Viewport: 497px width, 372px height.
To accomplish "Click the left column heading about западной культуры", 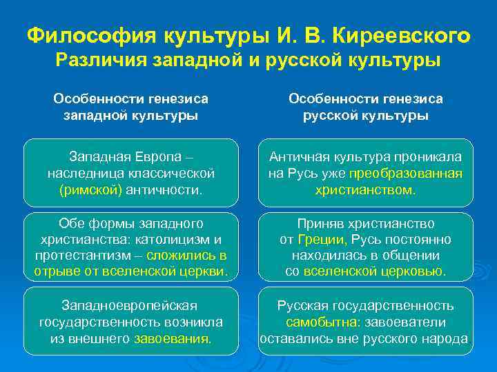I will coord(130,107).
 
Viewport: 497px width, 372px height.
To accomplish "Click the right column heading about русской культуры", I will coord(365,107).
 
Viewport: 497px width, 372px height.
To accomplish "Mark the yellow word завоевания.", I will coord(173,339).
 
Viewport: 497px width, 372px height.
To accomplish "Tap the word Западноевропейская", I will coord(130,305).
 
